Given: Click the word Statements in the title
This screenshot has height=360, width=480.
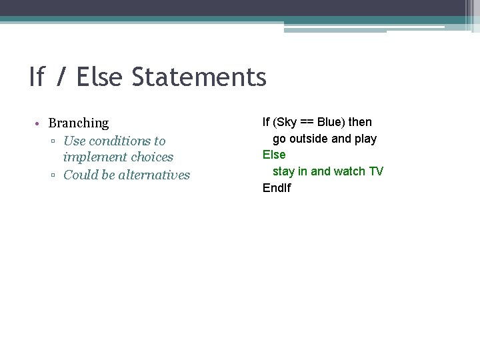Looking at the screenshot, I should [199, 77].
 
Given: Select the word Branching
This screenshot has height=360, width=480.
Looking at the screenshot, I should [78, 123].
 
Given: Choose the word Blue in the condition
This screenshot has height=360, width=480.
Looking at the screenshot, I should [330, 122].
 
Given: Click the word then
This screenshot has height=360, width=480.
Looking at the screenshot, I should [359, 122].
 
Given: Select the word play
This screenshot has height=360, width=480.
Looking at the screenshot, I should [365, 139].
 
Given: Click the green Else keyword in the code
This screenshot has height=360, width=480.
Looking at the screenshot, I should [273, 155].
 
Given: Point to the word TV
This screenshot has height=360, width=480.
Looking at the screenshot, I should [376, 171].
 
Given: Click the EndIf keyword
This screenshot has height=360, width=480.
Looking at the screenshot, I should [277, 188].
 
